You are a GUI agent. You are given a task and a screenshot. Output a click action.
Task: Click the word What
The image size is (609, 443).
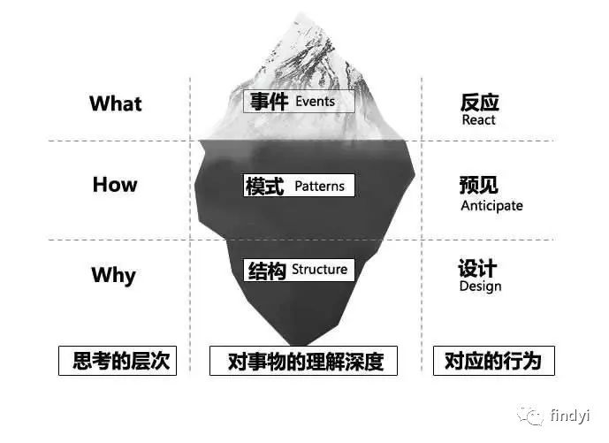click(x=115, y=103)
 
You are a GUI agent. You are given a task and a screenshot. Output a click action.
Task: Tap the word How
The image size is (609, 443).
click(x=115, y=185)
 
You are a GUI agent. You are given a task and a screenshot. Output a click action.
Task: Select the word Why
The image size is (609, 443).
click(x=113, y=275)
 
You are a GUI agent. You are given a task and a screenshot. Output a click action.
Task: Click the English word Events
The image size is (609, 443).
click(x=315, y=102)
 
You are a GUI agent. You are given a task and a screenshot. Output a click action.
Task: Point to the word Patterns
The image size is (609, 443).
click(x=321, y=187)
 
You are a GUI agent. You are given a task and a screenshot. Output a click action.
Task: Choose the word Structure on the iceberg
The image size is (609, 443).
click(x=319, y=270)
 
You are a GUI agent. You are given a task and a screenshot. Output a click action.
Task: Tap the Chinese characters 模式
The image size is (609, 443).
click(x=264, y=187)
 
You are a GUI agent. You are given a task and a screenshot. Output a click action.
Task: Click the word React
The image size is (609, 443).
click(x=478, y=120)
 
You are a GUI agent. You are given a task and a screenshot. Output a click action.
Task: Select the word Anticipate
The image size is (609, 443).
click(x=491, y=206)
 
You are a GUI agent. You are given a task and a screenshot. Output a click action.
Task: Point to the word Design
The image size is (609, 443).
click(x=480, y=286)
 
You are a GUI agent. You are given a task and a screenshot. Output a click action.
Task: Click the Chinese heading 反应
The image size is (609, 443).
click(x=478, y=101)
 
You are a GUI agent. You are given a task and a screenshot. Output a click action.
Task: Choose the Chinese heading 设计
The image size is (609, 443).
click(x=477, y=268)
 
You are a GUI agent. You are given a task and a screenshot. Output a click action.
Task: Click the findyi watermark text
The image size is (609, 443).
click(x=572, y=415)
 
